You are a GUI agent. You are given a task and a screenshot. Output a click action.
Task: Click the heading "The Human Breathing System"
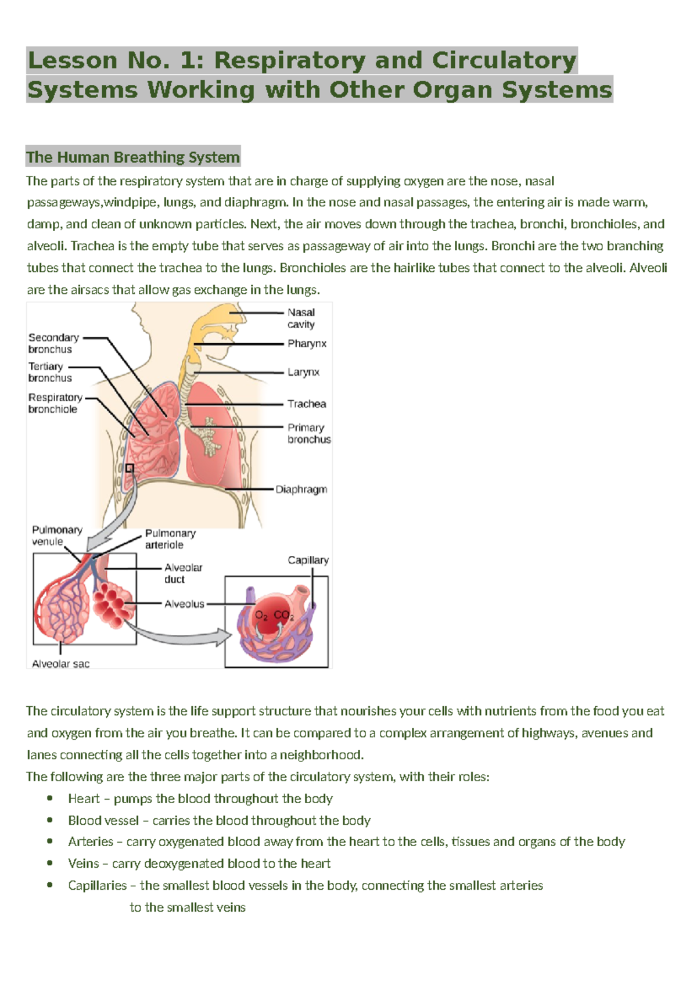coord(133,157)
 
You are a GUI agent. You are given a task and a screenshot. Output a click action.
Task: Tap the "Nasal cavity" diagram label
coord(301,318)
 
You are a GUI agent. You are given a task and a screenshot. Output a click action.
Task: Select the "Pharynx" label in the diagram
coord(307,343)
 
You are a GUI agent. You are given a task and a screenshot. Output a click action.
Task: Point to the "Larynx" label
coord(303,372)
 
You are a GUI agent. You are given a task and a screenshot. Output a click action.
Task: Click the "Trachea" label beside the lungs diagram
coord(307,404)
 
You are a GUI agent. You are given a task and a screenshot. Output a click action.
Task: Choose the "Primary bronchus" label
coord(308,433)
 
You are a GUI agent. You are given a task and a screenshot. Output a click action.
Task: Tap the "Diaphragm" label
coord(301,489)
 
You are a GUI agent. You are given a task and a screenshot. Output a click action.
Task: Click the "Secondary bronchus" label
coord(53,343)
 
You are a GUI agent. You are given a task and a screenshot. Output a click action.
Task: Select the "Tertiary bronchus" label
coord(50,372)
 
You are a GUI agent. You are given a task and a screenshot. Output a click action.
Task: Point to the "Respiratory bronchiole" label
coord(55,403)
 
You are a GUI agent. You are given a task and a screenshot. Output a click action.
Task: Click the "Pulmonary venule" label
coord(56,535)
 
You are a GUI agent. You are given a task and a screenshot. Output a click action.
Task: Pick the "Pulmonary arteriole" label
coord(170,539)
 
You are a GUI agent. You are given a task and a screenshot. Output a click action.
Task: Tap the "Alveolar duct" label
coord(183,573)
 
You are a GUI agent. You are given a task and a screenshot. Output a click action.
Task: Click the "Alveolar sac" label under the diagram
coord(60,664)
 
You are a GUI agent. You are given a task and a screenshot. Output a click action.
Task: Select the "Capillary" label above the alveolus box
coord(308,560)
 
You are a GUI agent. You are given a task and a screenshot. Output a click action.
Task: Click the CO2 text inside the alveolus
coord(283,615)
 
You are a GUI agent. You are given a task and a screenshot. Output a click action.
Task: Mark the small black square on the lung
coord(130,468)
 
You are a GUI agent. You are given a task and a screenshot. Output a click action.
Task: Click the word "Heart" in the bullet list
coord(84,799)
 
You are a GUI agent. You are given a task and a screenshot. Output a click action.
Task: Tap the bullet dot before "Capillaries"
coord(50,885)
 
